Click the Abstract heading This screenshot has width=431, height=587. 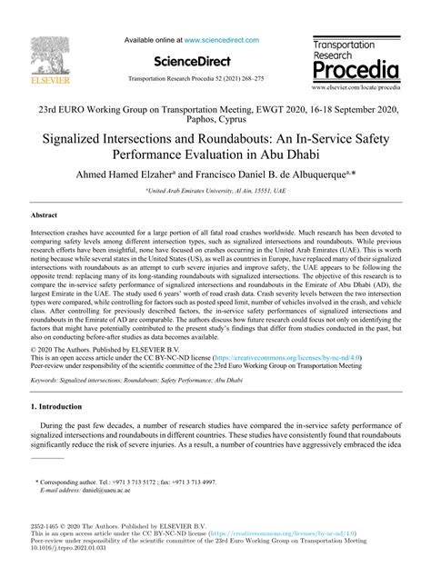click(45, 241)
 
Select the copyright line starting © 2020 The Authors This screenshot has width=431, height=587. click(100, 375)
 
